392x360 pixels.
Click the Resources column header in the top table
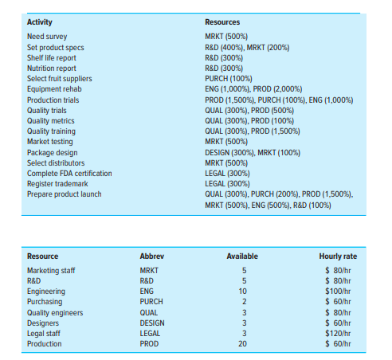pos(222,22)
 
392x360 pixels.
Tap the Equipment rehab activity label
pos(53,89)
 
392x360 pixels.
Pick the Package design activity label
pos(53,151)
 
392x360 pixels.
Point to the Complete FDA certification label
pos(69,173)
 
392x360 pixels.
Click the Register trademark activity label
pos(59,183)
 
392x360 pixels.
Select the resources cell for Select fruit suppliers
pos(229,78)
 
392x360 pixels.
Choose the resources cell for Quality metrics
pos(251,120)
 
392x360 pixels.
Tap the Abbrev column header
pos(151,256)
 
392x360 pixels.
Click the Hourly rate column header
pos(338,256)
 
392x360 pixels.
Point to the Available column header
pos(241,256)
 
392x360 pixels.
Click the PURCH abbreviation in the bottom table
pos(151,302)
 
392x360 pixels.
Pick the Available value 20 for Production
pos(243,344)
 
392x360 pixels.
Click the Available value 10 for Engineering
pos(243,292)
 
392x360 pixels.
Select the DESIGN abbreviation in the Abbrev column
pos(152,323)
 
